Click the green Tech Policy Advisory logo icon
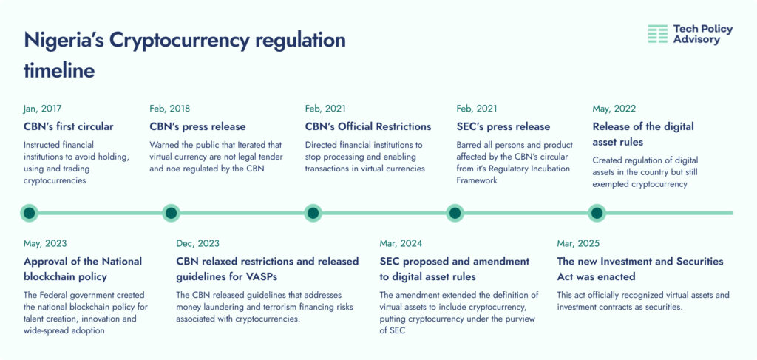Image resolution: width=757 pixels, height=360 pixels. click(x=657, y=34)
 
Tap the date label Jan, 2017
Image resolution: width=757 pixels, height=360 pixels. click(x=42, y=109)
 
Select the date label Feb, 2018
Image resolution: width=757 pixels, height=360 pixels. click(x=169, y=109)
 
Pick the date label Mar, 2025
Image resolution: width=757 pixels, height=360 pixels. click(x=578, y=244)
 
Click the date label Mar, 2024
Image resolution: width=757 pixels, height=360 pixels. click(x=401, y=244)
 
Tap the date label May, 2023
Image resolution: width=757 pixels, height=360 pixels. click(x=45, y=244)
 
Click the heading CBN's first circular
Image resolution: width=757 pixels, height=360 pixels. click(x=69, y=127)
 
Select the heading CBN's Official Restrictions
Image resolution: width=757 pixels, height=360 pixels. click(x=368, y=127)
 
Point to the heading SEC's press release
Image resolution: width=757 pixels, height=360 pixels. click(x=503, y=127)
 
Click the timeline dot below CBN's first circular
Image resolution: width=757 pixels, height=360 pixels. click(x=30, y=213)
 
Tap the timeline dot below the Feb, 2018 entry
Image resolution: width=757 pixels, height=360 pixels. click(x=171, y=213)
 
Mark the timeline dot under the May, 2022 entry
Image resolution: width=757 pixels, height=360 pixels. click(x=597, y=213)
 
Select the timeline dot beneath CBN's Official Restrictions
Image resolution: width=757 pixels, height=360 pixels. click(x=313, y=213)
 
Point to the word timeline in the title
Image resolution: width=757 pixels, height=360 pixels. click(x=59, y=72)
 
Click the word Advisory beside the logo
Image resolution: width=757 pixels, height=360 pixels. click(x=696, y=40)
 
